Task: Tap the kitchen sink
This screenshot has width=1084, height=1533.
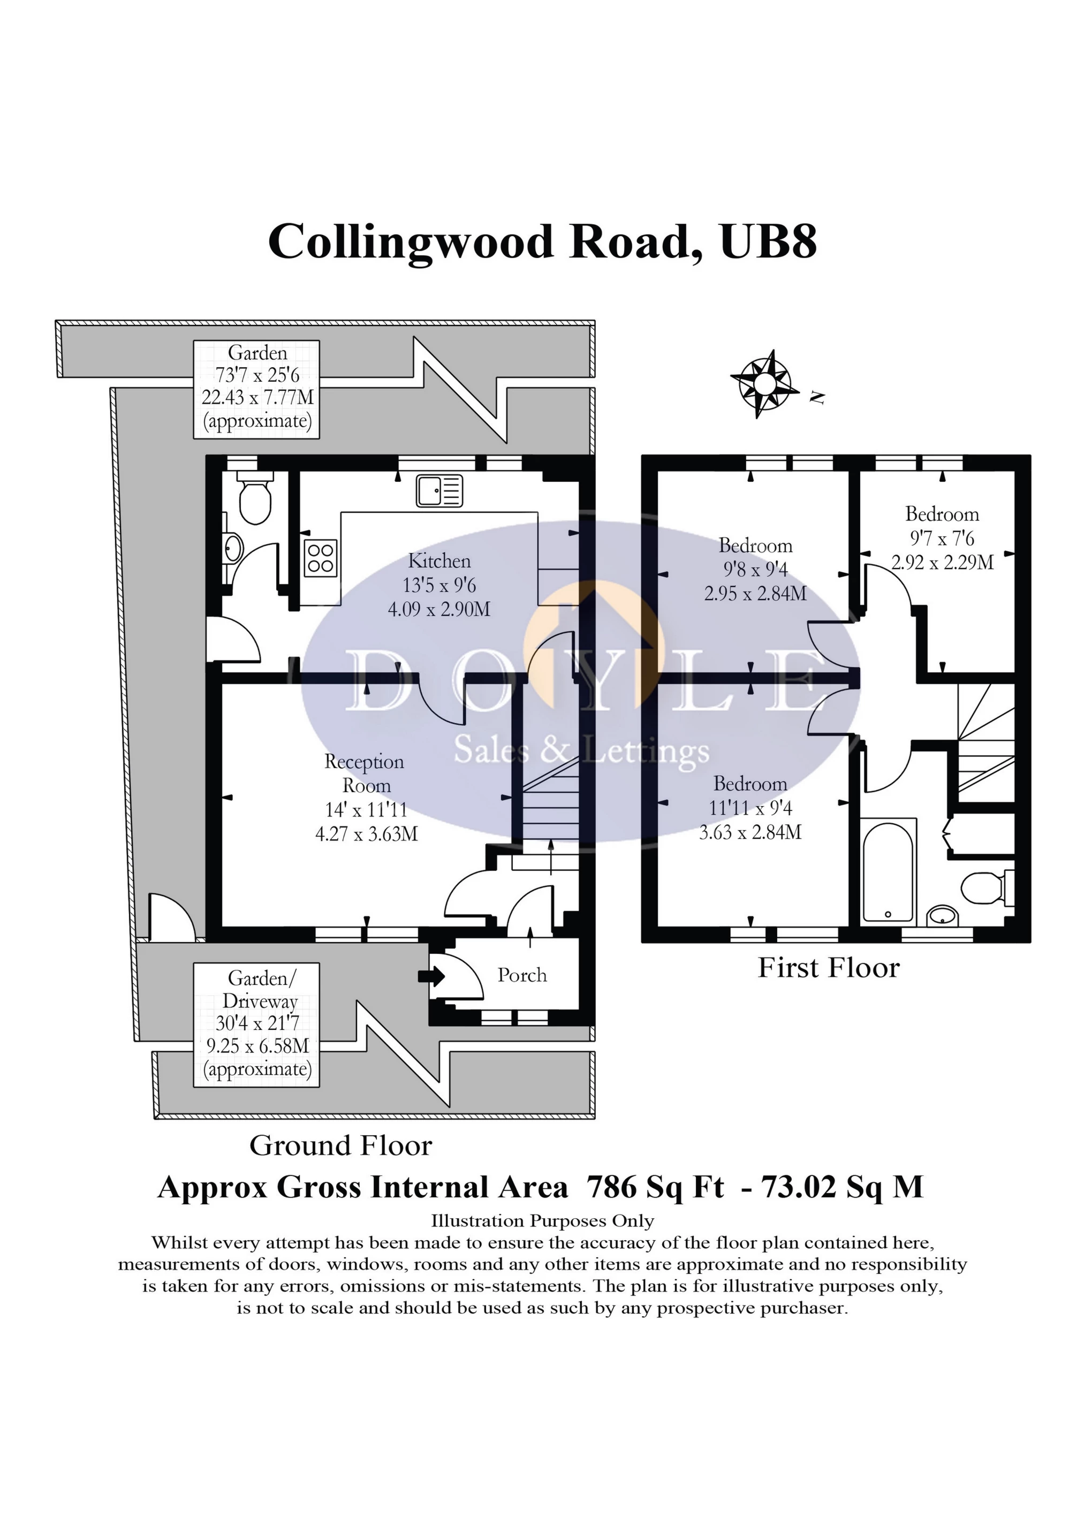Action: (439, 491)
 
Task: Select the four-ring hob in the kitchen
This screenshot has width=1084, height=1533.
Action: (320, 558)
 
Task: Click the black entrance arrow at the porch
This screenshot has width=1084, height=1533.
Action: (431, 976)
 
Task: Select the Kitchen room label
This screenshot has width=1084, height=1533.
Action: (439, 561)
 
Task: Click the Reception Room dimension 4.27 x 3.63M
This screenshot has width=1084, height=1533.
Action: (367, 834)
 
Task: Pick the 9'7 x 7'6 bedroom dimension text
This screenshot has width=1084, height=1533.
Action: (942, 538)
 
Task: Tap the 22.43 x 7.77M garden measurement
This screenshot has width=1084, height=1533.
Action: (257, 397)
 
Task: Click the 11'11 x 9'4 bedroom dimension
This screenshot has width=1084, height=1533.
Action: (750, 808)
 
